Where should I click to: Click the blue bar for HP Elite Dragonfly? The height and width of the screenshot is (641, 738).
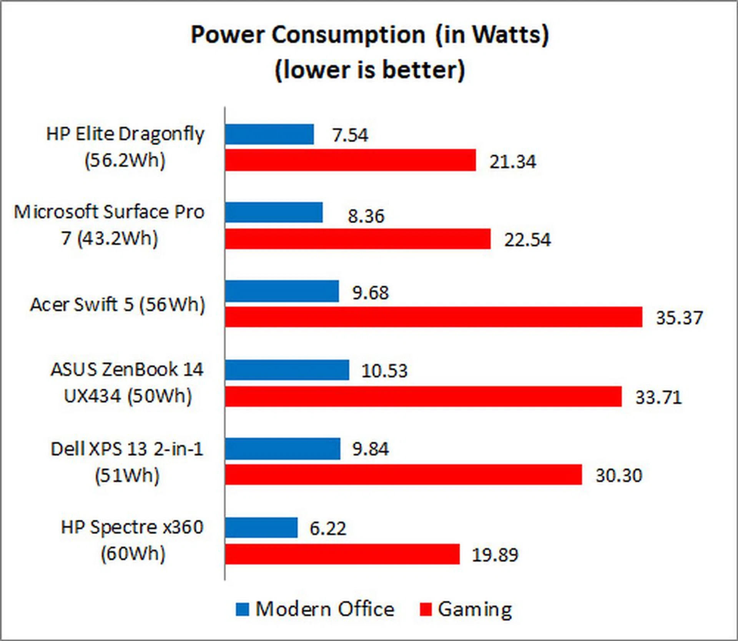point(269,134)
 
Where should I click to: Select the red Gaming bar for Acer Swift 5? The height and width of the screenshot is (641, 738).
point(434,317)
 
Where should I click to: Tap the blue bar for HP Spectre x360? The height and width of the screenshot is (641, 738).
point(261,527)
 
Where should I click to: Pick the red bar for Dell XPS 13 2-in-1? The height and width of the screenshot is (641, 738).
point(404,475)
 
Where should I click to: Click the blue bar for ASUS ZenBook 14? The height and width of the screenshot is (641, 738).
point(287,370)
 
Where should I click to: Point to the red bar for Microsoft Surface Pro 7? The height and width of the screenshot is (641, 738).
point(358,239)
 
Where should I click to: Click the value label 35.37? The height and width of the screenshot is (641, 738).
point(679,318)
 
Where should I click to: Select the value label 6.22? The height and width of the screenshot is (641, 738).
point(328,528)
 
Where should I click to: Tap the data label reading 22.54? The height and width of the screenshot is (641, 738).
point(527,240)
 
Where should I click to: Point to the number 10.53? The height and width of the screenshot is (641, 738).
point(384,371)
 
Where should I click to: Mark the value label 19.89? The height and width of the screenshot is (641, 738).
point(495,555)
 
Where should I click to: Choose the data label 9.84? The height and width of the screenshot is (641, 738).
point(371,449)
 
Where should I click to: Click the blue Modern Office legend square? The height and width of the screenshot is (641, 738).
point(243,609)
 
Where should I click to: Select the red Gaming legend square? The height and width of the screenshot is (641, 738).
point(426,609)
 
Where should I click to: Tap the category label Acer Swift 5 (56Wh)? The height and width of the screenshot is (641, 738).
point(118,305)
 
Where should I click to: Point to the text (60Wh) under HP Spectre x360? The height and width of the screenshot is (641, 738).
point(133,554)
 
